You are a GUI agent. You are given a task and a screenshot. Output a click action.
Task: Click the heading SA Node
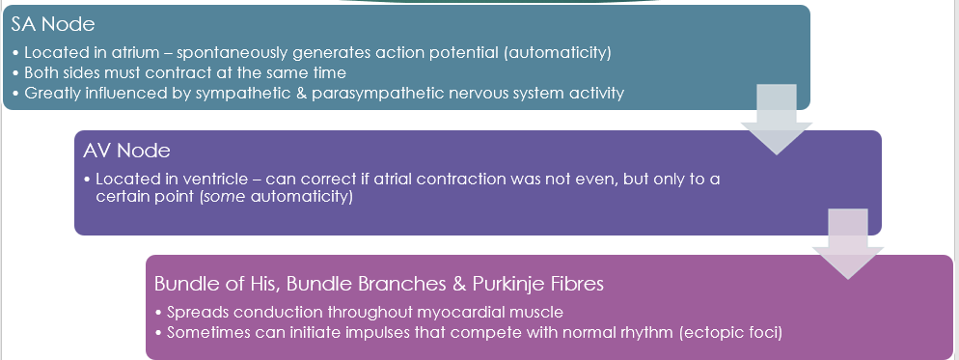point(53,24)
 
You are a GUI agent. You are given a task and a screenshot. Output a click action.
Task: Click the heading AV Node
point(126,151)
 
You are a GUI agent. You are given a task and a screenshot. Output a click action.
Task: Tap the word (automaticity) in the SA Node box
point(558,53)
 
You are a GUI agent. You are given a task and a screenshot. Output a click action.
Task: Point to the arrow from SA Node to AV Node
point(777,120)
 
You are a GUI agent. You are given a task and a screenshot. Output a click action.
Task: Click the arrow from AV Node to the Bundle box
point(848,244)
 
